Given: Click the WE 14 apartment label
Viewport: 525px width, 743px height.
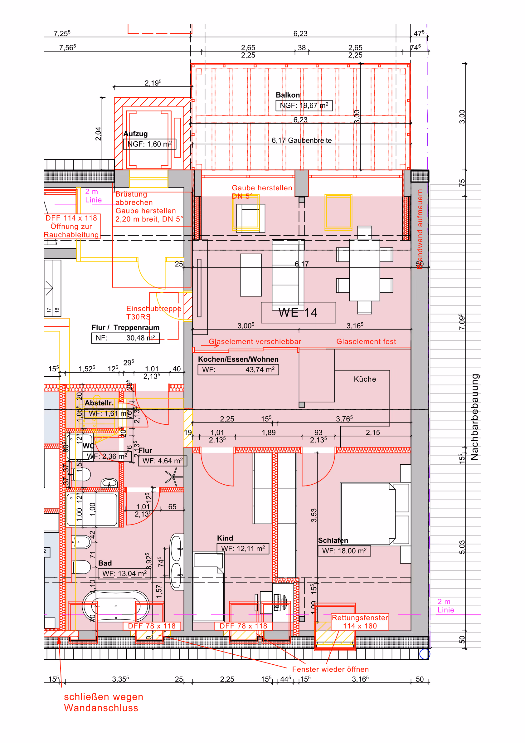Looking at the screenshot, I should click(298, 313).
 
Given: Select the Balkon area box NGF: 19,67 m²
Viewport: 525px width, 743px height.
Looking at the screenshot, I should click(304, 105).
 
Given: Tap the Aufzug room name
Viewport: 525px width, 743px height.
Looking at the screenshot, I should click(135, 134).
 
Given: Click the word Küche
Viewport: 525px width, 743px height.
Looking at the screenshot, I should click(365, 379).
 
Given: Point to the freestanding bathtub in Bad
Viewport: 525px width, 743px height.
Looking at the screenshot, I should click(115, 606).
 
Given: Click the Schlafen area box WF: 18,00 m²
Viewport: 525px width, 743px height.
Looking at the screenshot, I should click(344, 551).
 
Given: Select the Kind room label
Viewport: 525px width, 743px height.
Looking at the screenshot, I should click(225, 538).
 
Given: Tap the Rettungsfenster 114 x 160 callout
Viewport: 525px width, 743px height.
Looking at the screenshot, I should click(360, 622).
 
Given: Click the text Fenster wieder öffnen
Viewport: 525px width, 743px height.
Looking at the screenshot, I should click(330, 669).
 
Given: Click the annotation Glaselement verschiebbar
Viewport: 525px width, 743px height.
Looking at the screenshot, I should click(255, 341).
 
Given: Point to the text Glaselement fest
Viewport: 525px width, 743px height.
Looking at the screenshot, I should click(366, 341).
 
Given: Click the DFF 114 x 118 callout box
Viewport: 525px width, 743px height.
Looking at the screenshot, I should click(71, 226).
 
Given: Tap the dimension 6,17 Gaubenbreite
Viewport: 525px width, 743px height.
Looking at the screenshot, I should click(301, 140).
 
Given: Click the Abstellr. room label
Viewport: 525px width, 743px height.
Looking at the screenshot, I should click(99, 403).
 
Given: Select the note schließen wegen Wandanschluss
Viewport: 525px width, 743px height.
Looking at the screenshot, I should click(103, 702).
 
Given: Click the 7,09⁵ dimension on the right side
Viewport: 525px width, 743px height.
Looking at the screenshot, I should click(462, 322).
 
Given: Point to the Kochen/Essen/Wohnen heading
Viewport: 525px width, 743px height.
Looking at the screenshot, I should click(238, 359).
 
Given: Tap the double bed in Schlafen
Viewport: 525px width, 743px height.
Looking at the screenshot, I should click(368, 514).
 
